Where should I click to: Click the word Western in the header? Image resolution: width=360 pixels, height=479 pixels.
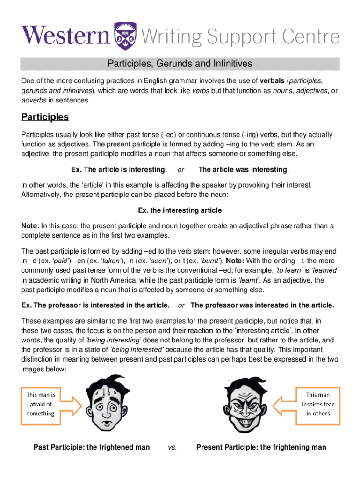pyautogui.click(x=65, y=36)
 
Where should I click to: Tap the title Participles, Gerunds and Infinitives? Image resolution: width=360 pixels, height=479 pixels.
pyautogui.click(x=180, y=63)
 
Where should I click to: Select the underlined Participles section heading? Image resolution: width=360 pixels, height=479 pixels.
pyautogui.click(x=45, y=116)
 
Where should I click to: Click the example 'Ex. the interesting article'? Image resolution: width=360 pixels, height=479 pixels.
pyautogui.click(x=180, y=210)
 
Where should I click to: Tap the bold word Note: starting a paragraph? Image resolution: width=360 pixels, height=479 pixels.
pyautogui.click(x=31, y=226)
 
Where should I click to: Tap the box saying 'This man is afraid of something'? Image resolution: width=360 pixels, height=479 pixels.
pyautogui.click(x=41, y=404)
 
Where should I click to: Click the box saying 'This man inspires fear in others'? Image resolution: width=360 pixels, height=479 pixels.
pyautogui.click(x=318, y=404)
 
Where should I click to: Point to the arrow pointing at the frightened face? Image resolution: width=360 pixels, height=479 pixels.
pyautogui.click(x=70, y=404)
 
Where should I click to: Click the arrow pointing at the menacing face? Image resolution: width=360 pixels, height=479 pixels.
pyautogui.click(x=284, y=404)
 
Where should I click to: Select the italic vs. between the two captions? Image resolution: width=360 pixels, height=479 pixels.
pyautogui.click(x=172, y=448)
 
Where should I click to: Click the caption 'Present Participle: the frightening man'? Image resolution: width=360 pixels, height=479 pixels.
pyautogui.click(x=261, y=447)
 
